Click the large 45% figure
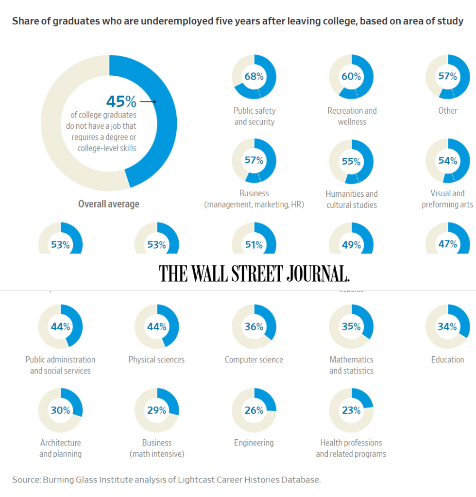click(121, 102)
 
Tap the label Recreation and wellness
click(352, 116)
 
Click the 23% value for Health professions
click(351, 411)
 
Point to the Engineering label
click(254, 443)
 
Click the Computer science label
click(254, 360)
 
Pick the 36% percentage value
click(254, 327)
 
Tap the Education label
click(447, 360)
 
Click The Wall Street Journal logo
click(254, 274)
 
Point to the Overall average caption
click(109, 204)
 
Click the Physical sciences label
click(156, 360)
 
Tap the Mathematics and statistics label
click(351, 365)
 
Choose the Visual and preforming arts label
click(447, 199)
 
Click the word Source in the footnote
click(26, 480)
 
